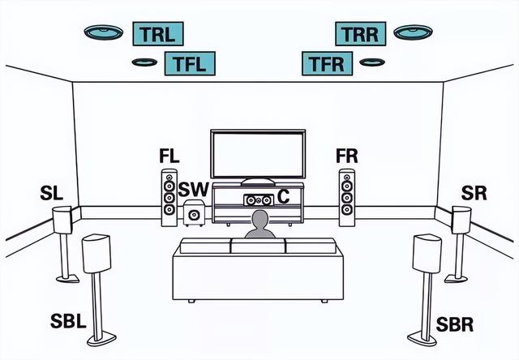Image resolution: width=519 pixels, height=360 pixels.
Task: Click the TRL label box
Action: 158,34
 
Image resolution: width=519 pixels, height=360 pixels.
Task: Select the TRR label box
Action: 360,34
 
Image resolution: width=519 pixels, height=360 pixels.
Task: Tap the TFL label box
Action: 190,63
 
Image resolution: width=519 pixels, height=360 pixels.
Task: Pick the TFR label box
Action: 328,63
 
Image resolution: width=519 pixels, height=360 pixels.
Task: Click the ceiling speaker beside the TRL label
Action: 104,32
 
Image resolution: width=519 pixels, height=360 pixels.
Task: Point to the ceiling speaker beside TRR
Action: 413,32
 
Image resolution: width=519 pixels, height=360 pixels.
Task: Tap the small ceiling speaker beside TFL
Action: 144,62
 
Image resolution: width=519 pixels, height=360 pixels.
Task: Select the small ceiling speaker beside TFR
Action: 372,62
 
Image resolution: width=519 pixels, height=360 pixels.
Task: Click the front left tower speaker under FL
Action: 169,198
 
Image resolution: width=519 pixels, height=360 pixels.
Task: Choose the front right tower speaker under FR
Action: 347,198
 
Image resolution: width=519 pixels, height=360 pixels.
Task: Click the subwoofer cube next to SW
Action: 194,213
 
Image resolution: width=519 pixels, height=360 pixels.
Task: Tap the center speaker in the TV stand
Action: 259,200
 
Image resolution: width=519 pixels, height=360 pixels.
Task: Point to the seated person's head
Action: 260,219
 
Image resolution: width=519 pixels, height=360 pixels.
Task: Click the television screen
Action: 258,154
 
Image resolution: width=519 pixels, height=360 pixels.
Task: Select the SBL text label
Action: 68,321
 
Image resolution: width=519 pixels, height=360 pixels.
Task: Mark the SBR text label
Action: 454,324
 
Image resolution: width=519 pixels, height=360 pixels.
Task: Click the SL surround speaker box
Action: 62,220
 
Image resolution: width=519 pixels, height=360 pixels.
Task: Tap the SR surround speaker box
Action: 461,220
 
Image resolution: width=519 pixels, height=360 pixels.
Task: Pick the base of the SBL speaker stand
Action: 101,339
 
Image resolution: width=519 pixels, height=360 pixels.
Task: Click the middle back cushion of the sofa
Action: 258,246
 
